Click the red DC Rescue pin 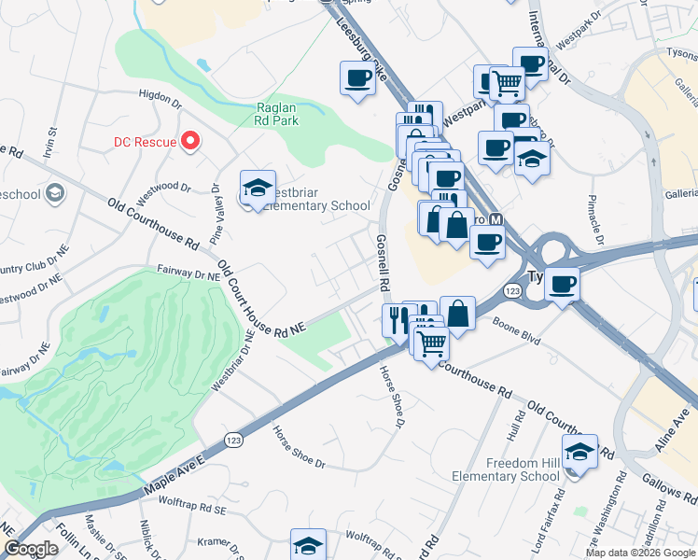click(192, 142)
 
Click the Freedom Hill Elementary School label click(510, 470)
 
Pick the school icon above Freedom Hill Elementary click(580, 452)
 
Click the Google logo click(32, 549)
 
